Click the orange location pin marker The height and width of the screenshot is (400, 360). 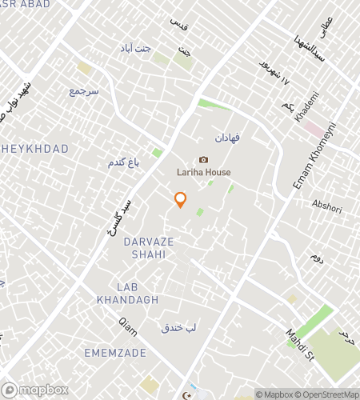point(181,199)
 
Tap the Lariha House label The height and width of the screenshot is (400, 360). point(203,172)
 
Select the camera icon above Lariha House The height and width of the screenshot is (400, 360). point(203,160)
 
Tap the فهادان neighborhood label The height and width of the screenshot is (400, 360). point(227,138)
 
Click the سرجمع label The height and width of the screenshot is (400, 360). point(83,92)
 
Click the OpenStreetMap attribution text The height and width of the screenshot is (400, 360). point(328,394)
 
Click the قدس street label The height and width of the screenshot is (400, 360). point(178,23)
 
